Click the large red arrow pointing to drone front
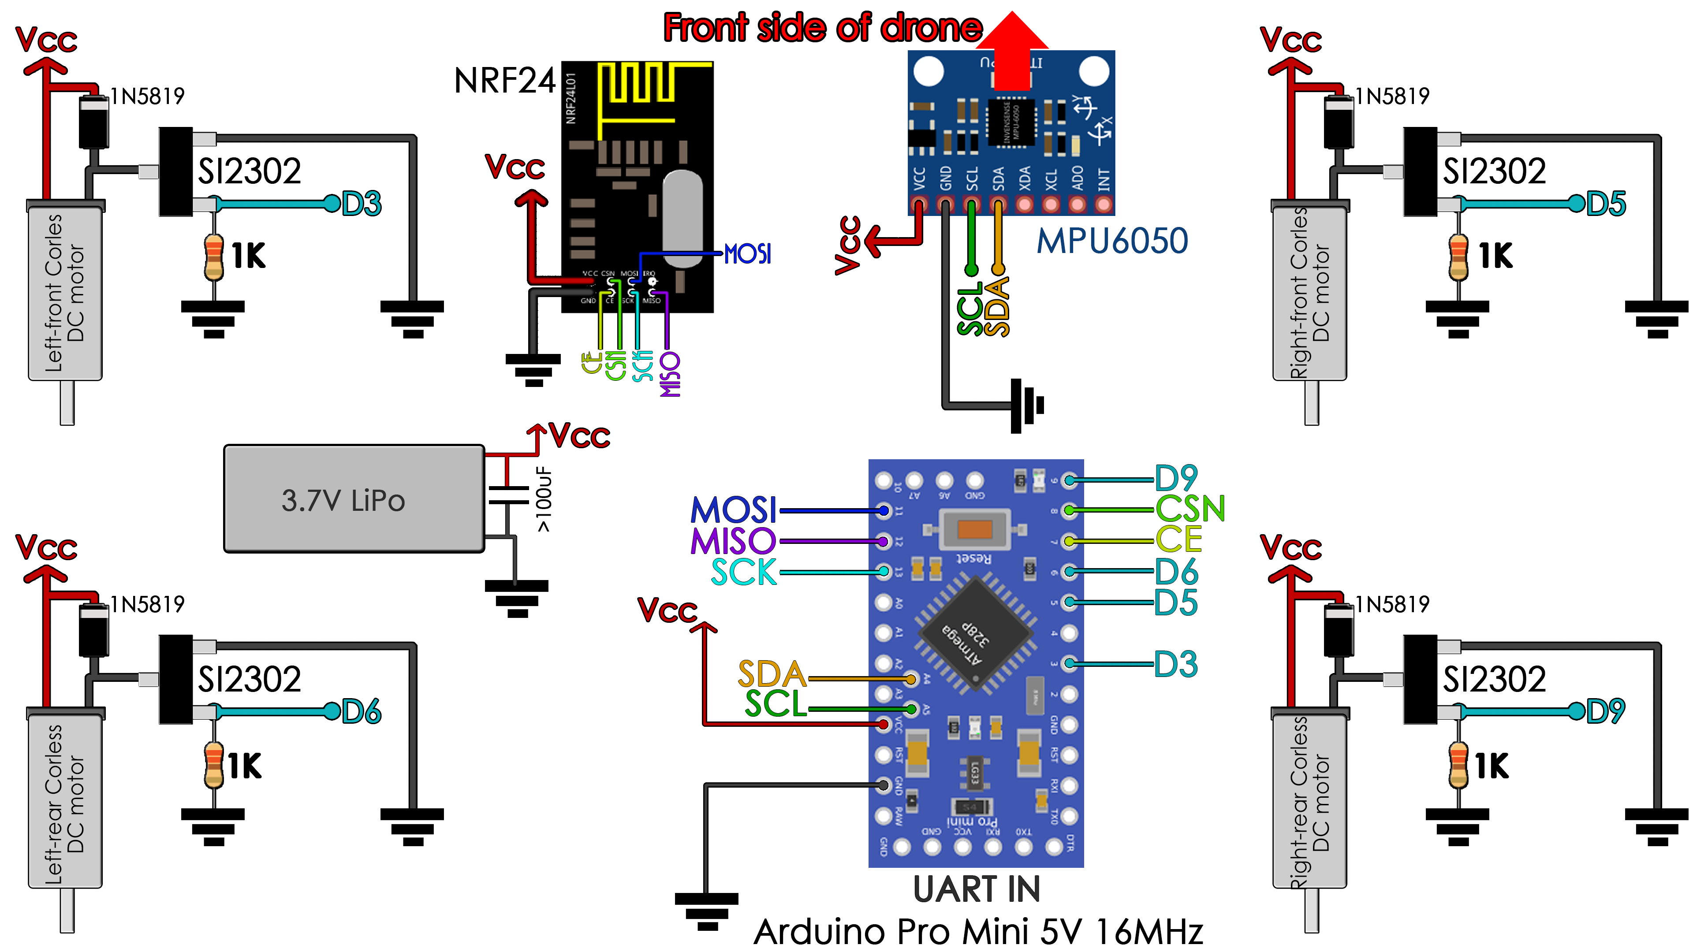1012,52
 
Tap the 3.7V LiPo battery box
354,499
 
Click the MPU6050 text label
1112,241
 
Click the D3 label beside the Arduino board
1176,664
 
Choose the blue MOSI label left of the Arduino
734,510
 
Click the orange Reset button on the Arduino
975,529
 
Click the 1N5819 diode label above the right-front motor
1393,97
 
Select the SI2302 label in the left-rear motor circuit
250,679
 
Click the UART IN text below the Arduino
977,889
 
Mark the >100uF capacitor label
544,499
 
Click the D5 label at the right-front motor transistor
1606,204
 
